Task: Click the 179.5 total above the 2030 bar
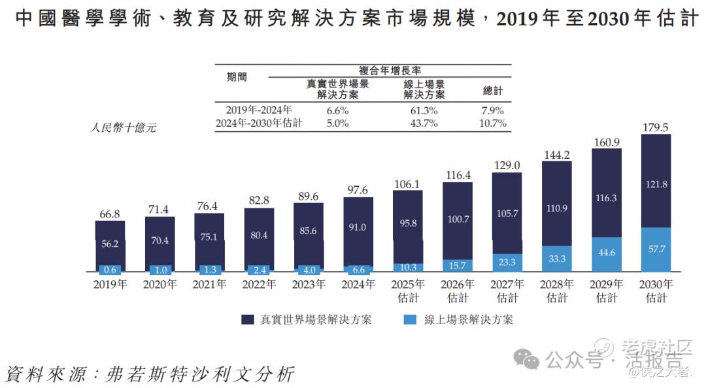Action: point(656,127)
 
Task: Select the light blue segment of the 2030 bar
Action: point(656,249)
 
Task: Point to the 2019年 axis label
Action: point(110,285)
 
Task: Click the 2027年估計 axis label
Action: point(507,291)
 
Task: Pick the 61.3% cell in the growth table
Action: point(424,110)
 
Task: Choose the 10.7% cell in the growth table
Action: point(493,123)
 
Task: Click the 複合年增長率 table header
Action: point(389,70)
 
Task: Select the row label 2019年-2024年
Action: point(259,110)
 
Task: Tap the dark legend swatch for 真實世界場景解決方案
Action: point(248,319)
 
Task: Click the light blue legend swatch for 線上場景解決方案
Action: point(411,319)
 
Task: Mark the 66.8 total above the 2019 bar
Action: point(110,214)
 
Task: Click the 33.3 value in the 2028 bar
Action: point(557,259)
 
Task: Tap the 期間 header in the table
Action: point(237,76)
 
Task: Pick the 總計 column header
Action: point(493,91)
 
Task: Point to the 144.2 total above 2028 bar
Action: point(557,155)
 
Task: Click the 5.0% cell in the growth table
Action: point(337,123)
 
